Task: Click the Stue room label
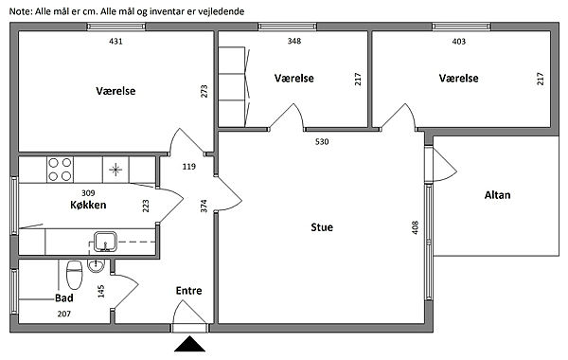322,227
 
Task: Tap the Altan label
497,195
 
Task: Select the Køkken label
88,205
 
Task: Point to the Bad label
64,298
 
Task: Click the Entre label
188,291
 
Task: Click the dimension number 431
115,42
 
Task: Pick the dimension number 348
294,41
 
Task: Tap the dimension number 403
458,42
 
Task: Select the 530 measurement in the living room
322,142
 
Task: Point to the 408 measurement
416,227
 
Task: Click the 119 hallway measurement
188,167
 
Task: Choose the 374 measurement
204,206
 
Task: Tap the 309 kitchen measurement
88,193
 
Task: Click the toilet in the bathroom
75,274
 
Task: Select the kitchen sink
105,242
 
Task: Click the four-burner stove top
60,170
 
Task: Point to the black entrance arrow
189,344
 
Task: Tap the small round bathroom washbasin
96,266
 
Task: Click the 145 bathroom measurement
101,292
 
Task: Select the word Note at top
20,11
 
